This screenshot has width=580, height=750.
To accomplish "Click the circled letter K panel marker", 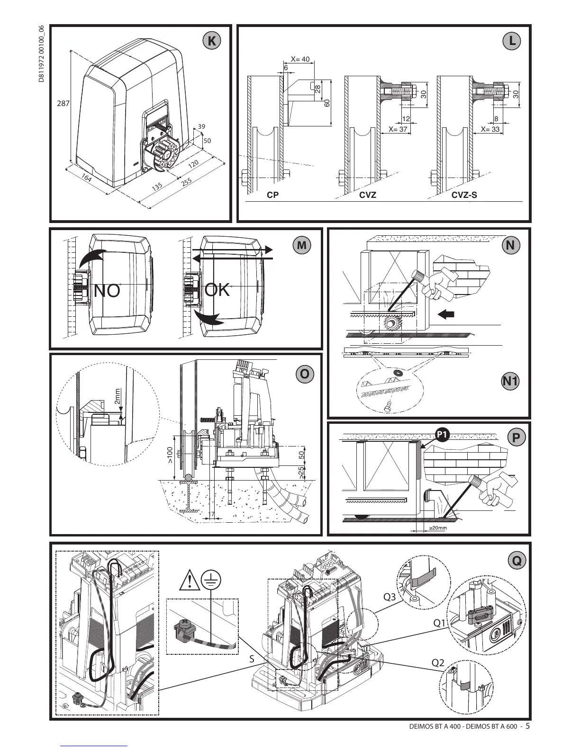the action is [x=211, y=41].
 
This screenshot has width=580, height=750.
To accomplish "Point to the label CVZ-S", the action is [x=464, y=195].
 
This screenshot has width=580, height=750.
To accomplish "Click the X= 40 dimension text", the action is [x=299, y=59].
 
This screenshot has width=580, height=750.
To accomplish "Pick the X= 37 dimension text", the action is [x=398, y=129].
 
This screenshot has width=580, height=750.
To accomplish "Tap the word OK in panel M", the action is [x=217, y=289].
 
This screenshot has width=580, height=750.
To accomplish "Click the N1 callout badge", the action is [x=510, y=381].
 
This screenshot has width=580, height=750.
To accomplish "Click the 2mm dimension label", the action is [x=118, y=397].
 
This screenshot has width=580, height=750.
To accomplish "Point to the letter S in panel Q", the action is [x=252, y=659].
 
